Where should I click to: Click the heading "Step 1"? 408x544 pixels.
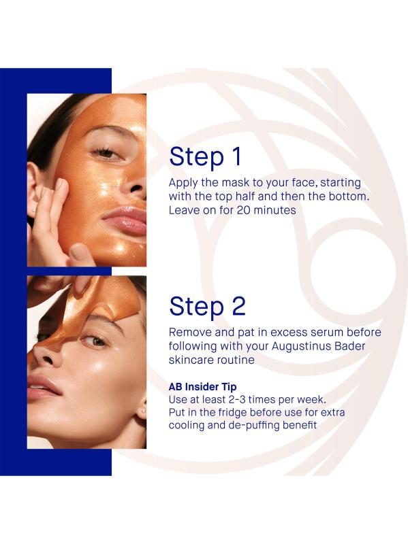(x=205, y=157)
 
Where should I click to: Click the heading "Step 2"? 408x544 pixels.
(x=207, y=307)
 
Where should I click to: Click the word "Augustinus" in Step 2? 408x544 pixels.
(x=299, y=347)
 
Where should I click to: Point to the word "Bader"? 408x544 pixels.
(x=347, y=346)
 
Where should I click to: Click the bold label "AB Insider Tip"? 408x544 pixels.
(x=202, y=386)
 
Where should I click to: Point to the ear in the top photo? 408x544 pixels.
(x=35, y=189)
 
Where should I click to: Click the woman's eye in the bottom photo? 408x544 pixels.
(x=94, y=341)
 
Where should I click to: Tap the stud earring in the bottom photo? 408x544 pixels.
(x=143, y=411)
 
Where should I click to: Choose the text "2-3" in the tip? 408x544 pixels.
(x=236, y=399)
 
